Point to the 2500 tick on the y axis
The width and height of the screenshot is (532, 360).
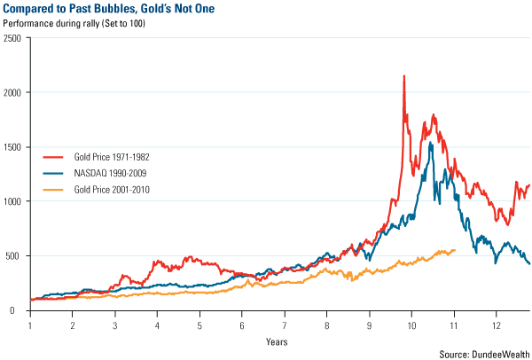(x=12, y=37)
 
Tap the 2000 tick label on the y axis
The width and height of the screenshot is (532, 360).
(x=12, y=92)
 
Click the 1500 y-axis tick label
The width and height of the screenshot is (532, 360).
(x=12, y=146)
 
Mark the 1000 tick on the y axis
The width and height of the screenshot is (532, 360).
(x=12, y=201)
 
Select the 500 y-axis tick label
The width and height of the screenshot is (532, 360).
(x=15, y=255)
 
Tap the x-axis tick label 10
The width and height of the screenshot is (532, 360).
(x=411, y=325)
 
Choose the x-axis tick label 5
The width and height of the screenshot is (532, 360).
(x=199, y=325)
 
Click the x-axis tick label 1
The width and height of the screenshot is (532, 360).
(x=30, y=325)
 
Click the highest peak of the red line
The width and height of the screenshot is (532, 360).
(x=404, y=76)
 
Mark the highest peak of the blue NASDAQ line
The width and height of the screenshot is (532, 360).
(x=430, y=142)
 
